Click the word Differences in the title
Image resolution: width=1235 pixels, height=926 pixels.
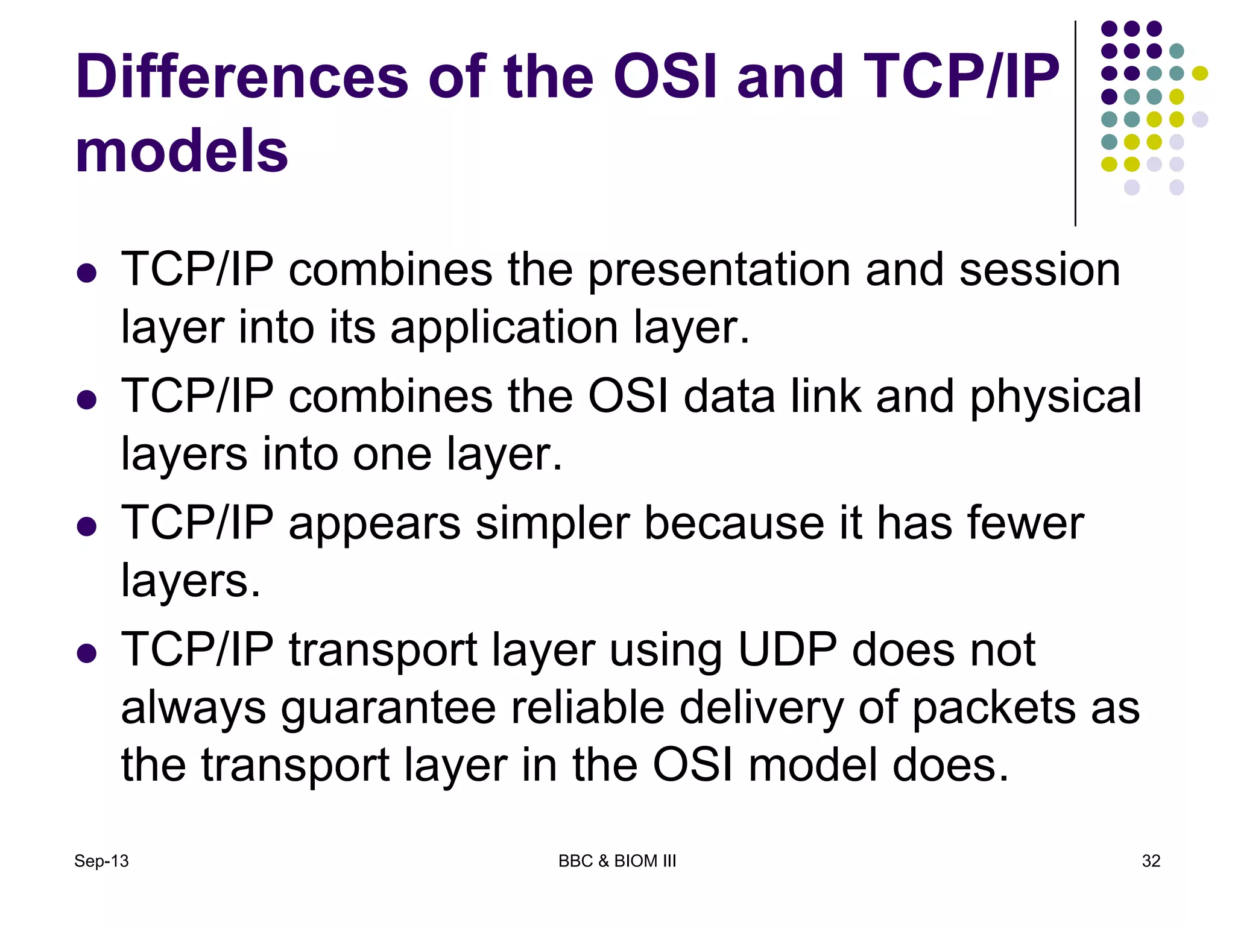pyautogui.click(x=241, y=77)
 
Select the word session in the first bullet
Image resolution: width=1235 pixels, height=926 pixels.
pyautogui.click(x=1039, y=269)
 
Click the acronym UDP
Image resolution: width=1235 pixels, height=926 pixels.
pyautogui.click(x=787, y=650)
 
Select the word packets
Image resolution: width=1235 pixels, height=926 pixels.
pyautogui.click(x=993, y=708)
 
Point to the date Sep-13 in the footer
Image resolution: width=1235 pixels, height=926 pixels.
pyautogui.click(x=101, y=861)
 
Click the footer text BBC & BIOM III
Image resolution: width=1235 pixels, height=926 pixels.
pyautogui.click(x=617, y=861)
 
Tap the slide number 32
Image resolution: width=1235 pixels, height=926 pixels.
pyautogui.click(x=1151, y=861)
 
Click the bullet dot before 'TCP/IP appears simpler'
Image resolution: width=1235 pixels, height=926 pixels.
pyautogui.click(x=87, y=526)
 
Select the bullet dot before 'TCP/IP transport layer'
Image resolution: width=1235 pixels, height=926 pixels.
pyautogui.click(x=87, y=653)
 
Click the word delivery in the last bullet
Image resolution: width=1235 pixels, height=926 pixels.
pyautogui.click(x=761, y=708)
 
